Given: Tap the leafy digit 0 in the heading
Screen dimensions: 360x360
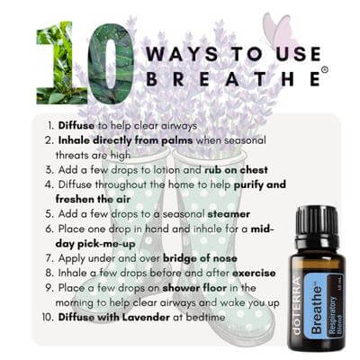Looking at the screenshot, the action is pos(111,64).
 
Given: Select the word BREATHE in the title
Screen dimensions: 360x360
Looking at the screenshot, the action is pos(233,78).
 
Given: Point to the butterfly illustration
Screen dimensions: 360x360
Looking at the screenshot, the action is pos(276,30).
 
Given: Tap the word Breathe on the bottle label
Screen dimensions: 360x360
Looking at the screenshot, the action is pos(318,310).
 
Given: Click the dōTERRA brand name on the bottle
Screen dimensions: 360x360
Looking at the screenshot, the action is pos(296,306).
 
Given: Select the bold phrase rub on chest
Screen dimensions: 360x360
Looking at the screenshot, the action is pos(236,170).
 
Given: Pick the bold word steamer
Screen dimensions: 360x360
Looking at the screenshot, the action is pos(229,214).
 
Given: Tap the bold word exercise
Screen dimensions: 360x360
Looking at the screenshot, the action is pos(254,273).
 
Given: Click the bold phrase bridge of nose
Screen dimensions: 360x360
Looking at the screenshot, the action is pos(200,258).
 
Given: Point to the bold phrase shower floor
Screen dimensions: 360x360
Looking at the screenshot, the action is pos(194,288).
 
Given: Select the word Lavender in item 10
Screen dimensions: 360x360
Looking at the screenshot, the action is pos(147,317).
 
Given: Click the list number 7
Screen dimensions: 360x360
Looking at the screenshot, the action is pos(49,258).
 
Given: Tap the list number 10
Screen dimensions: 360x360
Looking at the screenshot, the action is pos(48,318).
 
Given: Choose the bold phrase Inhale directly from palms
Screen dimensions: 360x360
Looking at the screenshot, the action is pos(125,140).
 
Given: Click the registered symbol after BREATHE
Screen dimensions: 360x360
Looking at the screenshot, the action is pos(324,69).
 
